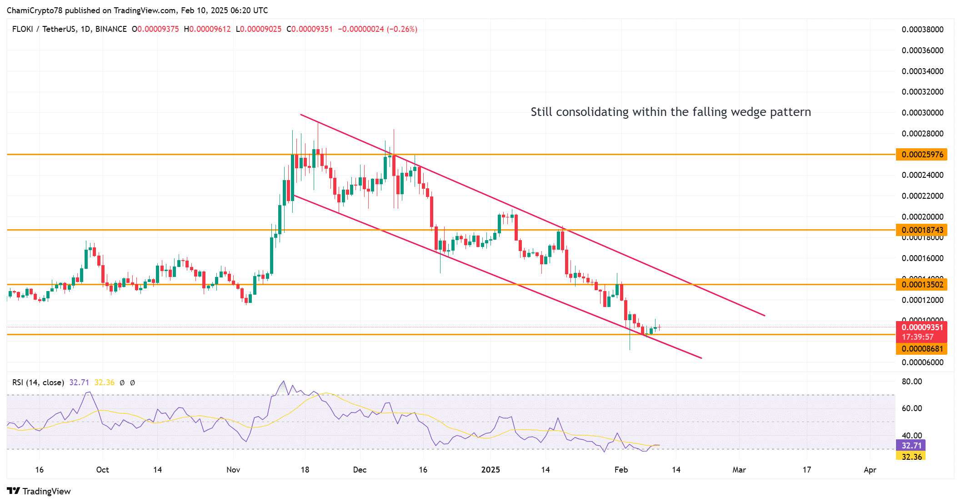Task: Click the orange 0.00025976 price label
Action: (x=922, y=155)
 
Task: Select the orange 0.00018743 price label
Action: (x=922, y=230)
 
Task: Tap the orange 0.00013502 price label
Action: (x=922, y=285)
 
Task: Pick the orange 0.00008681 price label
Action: (x=922, y=349)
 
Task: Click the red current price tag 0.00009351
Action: (x=922, y=327)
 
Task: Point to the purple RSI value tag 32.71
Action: (x=911, y=446)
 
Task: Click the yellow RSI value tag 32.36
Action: (x=911, y=457)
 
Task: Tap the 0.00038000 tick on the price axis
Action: (x=922, y=30)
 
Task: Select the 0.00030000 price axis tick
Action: (x=922, y=113)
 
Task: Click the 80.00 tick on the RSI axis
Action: (x=911, y=382)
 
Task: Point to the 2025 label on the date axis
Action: (x=491, y=470)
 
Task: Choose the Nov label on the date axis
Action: (x=233, y=470)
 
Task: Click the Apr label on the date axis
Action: (x=870, y=470)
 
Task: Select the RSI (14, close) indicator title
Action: (x=38, y=382)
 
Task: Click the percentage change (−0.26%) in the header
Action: (x=402, y=29)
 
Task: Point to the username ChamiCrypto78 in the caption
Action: (x=35, y=10)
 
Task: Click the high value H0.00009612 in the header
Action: (x=207, y=29)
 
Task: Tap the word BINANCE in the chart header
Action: (x=111, y=29)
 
